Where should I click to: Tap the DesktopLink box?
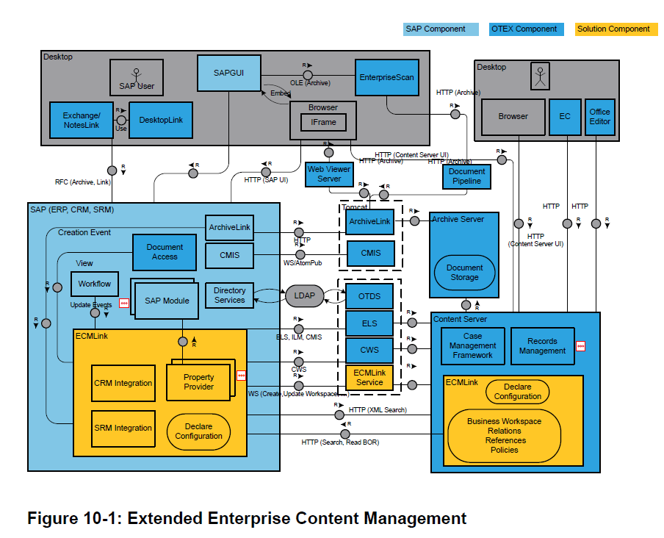pos(160,120)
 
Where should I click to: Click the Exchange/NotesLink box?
pos(81,120)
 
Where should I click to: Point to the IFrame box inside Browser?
pos(323,122)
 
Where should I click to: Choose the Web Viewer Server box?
pos(329,173)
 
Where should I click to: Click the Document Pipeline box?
pos(466,176)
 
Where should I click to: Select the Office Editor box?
pos(599,117)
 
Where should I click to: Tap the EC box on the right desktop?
pos(564,117)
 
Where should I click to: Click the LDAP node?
pos(304,295)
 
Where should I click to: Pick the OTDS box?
pos(369,296)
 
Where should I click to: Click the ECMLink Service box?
pos(369,378)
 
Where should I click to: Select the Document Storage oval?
pos(464,273)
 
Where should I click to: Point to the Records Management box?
pos(542,346)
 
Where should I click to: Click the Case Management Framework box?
pos(472,346)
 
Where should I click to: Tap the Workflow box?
pos(94,284)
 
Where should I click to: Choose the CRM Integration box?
pos(123,383)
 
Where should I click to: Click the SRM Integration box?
pos(123,428)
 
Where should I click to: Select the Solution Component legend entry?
pos(613,29)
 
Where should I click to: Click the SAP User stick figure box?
pos(137,78)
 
